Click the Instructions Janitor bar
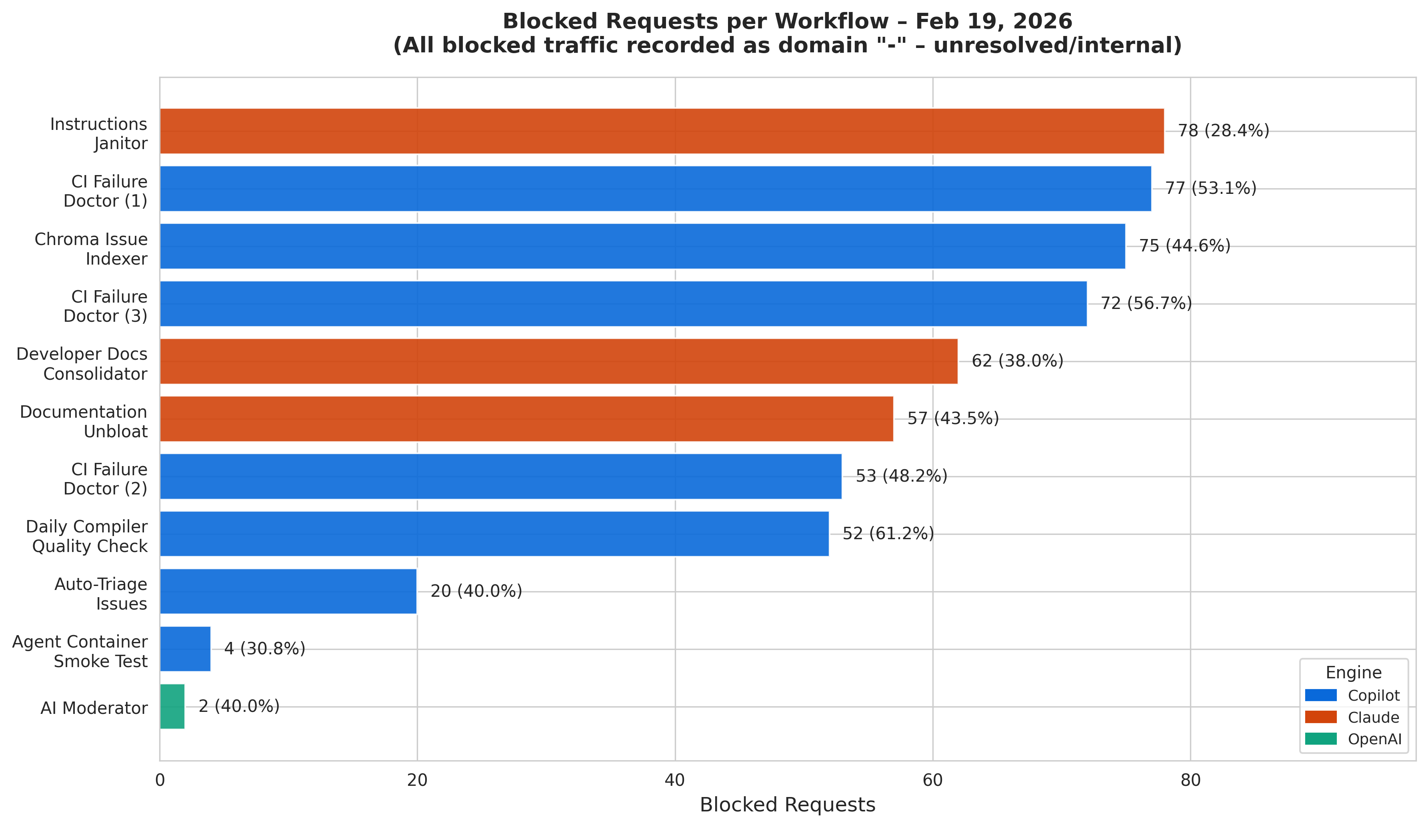pyautogui.click(x=662, y=131)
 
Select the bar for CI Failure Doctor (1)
pyautogui.click(x=656, y=189)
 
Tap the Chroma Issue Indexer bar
pyautogui.click(x=642, y=246)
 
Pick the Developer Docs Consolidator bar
pyautogui.click(x=559, y=361)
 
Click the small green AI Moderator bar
pyautogui.click(x=172, y=706)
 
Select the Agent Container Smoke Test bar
pyautogui.click(x=185, y=649)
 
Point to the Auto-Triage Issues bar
pyautogui.click(x=288, y=591)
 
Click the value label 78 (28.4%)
pyautogui.click(x=1224, y=131)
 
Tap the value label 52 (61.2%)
pyautogui.click(x=888, y=534)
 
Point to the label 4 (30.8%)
pyautogui.click(x=265, y=649)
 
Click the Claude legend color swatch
pyautogui.click(x=1321, y=717)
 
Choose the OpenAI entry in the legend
pyautogui.click(x=1354, y=739)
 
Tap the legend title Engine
pyautogui.click(x=1354, y=673)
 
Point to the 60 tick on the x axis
pyautogui.click(x=933, y=781)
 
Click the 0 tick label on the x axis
pyautogui.click(x=160, y=781)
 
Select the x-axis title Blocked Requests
pyautogui.click(x=788, y=805)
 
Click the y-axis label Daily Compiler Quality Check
pyautogui.click(x=87, y=536)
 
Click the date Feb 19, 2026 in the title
pyautogui.click(x=994, y=22)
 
